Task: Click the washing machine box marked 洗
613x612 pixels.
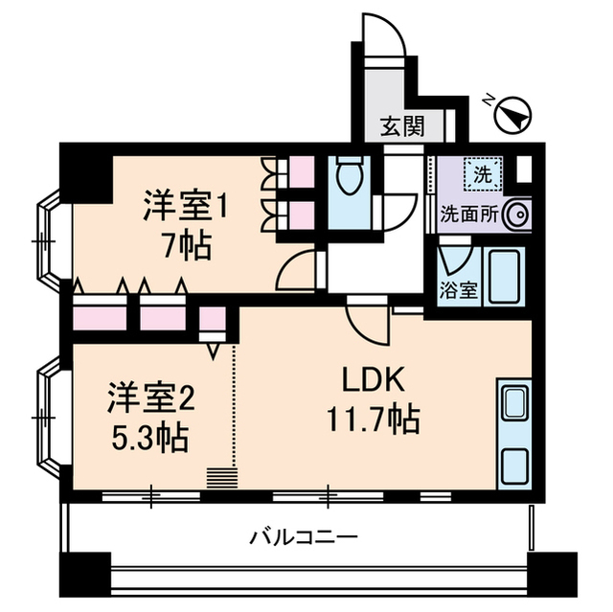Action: pyautogui.click(x=480, y=174)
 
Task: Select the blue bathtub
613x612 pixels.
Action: pyautogui.click(x=503, y=277)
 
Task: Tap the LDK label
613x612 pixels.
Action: pyautogui.click(x=375, y=381)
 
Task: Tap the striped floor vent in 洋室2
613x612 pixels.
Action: pyautogui.click(x=221, y=477)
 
